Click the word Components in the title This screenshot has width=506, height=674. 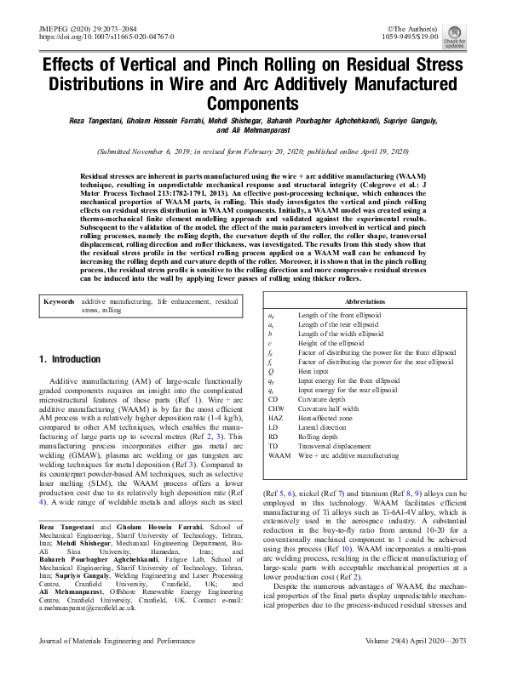coord(252,103)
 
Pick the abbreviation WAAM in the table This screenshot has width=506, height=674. coord(279,456)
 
